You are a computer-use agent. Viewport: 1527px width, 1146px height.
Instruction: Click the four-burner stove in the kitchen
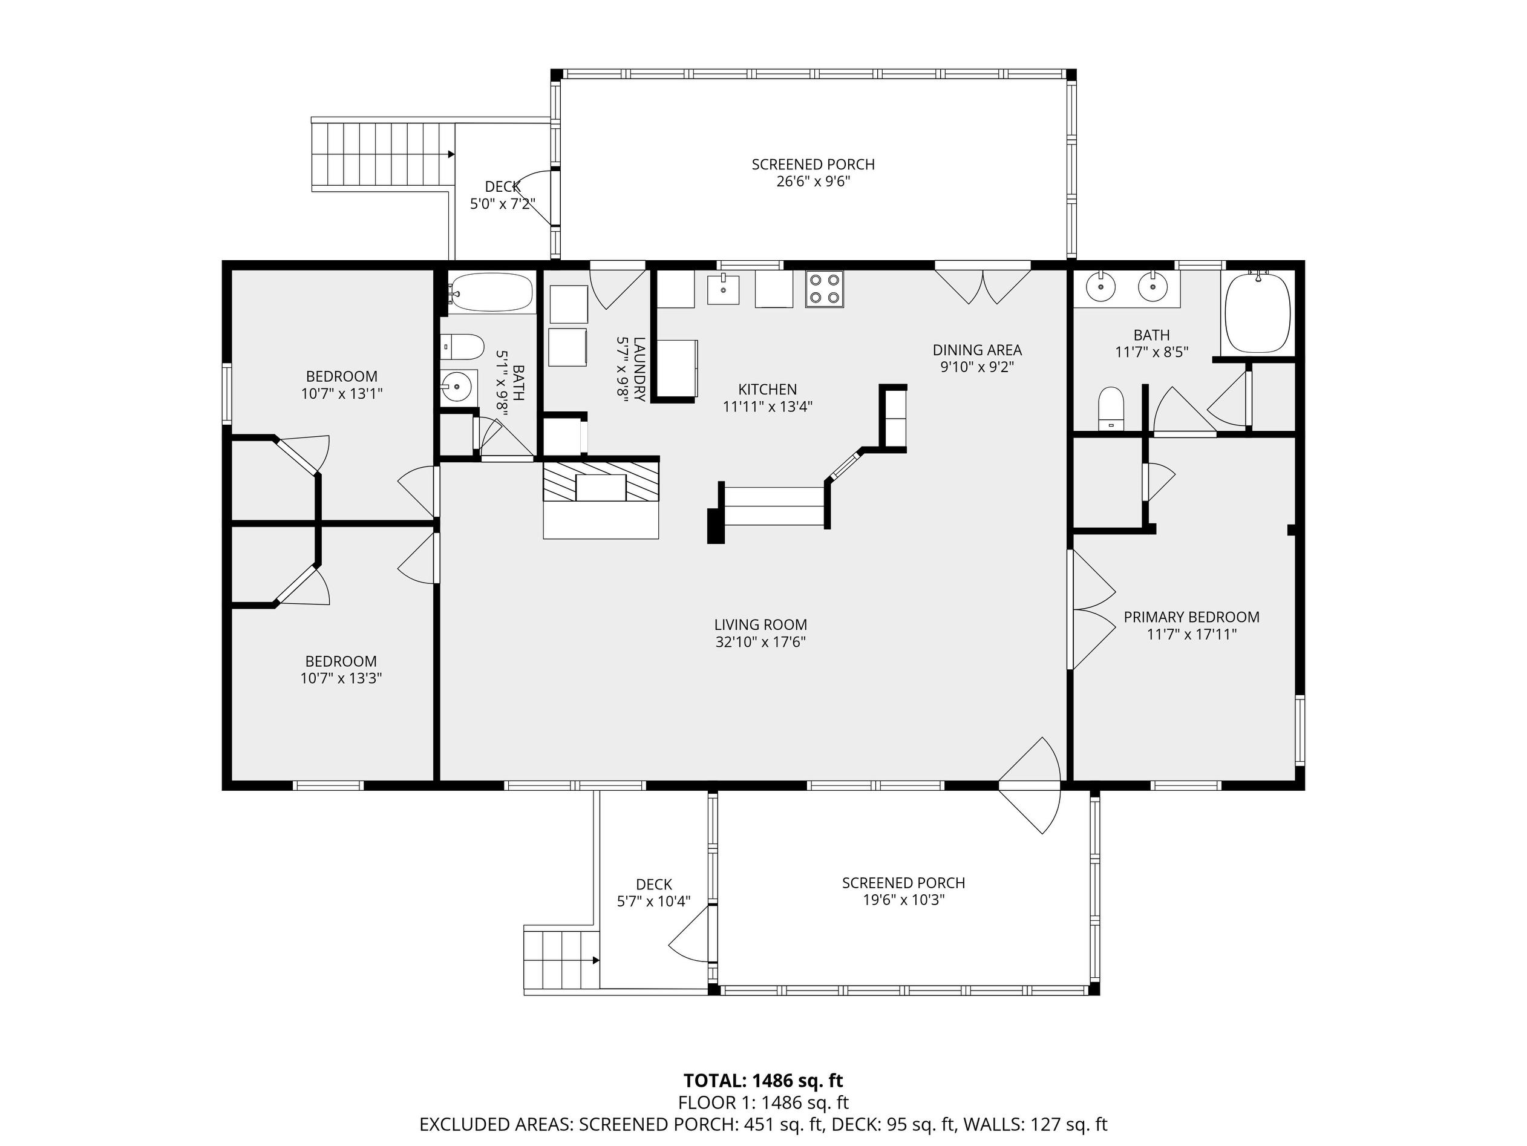[824, 289]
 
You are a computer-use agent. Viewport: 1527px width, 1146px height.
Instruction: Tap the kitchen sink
[723, 289]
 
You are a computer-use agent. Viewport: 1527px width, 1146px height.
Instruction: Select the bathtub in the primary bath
[1257, 312]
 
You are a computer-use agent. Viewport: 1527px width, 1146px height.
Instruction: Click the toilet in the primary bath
[1111, 408]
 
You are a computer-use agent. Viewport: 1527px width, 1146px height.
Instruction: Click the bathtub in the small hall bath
[491, 293]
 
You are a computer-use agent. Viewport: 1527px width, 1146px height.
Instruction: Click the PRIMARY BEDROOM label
[1191, 617]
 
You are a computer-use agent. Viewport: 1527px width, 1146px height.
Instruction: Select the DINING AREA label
[977, 350]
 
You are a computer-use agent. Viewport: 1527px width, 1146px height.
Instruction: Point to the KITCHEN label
[767, 390]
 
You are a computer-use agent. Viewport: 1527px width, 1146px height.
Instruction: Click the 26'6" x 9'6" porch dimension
[813, 182]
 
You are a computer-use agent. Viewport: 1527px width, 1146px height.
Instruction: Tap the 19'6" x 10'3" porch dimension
[903, 900]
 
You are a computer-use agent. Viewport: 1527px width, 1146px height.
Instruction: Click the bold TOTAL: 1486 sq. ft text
[763, 1081]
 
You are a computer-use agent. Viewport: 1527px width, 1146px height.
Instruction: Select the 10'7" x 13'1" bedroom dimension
[342, 393]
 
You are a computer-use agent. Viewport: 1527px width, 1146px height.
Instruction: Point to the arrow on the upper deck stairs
[451, 154]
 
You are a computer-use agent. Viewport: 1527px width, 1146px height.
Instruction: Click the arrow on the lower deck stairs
[595, 960]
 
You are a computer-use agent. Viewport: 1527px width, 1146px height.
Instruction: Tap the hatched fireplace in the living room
[601, 481]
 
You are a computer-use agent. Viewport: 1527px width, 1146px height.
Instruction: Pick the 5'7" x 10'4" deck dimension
[654, 901]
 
